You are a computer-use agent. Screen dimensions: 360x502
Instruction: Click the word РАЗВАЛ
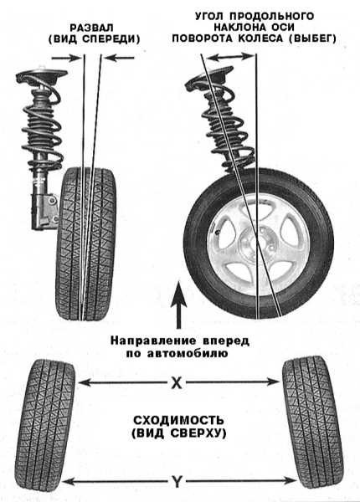(92, 28)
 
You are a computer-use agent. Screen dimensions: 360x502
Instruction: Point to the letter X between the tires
(176, 382)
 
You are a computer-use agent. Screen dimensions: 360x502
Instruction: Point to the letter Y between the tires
(177, 481)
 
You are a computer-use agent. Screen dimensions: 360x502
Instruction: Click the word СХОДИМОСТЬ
(178, 420)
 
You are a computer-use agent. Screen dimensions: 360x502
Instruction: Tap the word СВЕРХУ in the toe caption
(197, 433)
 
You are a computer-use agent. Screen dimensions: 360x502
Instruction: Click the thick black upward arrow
(178, 305)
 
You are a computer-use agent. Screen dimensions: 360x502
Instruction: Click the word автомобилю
(188, 354)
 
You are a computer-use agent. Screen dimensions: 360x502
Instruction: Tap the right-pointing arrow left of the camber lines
(66, 58)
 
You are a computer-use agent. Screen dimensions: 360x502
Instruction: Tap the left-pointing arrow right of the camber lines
(119, 58)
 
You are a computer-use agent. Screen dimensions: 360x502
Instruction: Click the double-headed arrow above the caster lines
(230, 57)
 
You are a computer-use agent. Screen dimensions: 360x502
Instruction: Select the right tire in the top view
(313, 424)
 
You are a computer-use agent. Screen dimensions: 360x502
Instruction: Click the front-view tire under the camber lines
(86, 244)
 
